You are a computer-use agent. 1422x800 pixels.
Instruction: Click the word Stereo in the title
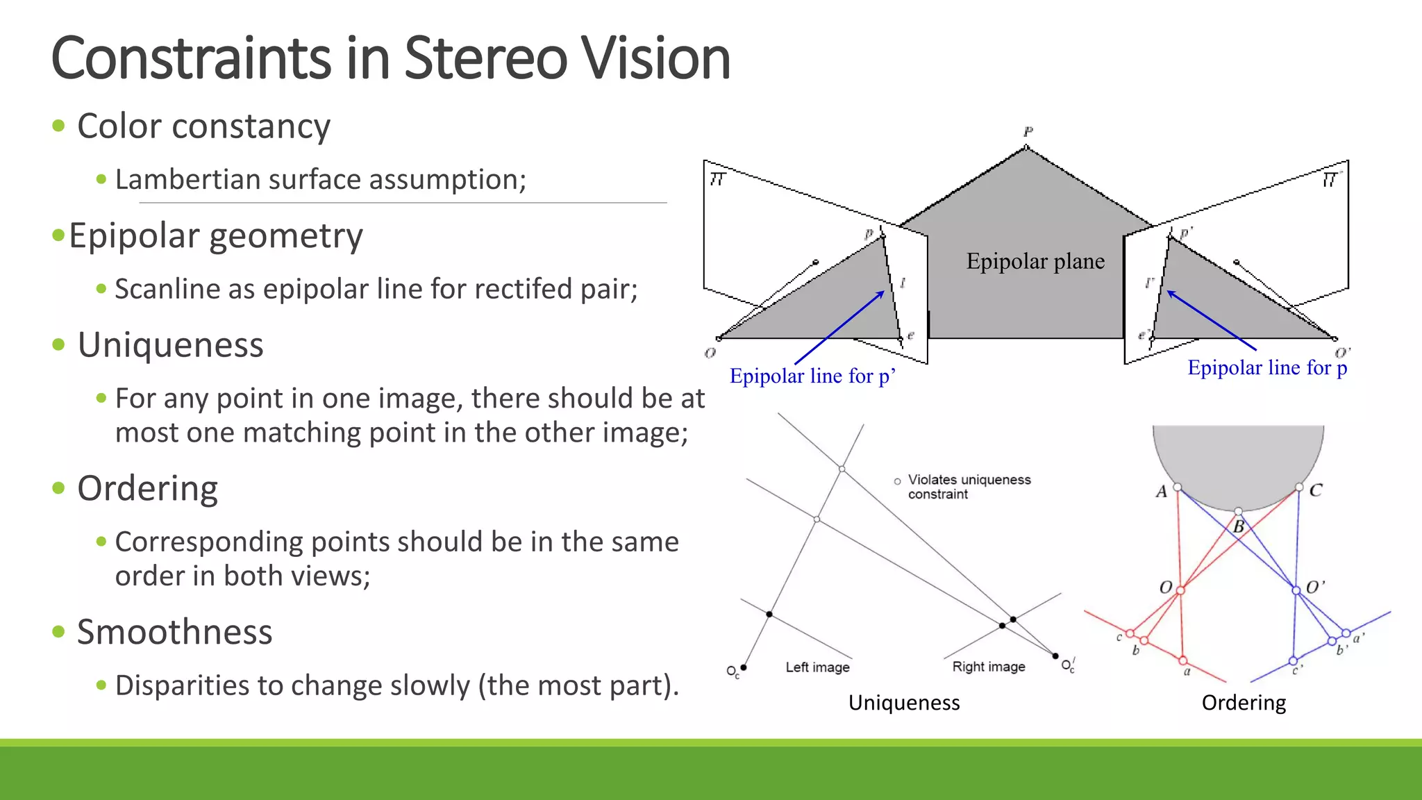click(485, 58)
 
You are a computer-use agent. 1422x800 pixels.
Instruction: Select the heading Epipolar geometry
click(215, 236)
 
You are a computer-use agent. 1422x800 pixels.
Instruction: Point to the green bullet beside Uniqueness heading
click(59, 345)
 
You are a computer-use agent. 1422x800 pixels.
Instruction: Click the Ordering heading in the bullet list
click(147, 488)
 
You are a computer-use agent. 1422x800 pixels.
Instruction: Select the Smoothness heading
click(174, 632)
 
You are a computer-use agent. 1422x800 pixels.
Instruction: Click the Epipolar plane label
click(1035, 262)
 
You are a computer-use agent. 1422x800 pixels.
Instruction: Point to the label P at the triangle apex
click(1028, 131)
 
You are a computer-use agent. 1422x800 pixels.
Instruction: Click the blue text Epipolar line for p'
click(812, 376)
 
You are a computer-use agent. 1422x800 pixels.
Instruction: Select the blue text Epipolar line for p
click(1267, 367)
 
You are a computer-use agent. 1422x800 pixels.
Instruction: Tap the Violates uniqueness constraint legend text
click(969, 487)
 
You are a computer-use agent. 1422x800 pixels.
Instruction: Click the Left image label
click(817, 667)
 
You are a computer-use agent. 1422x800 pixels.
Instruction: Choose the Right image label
click(988, 667)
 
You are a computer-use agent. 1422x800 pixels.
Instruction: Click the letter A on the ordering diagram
click(1162, 492)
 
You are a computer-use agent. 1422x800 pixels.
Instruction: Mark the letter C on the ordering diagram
click(1316, 490)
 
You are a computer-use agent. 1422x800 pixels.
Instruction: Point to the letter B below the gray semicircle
click(1239, 527)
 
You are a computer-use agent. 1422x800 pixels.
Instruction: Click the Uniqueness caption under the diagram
click(903, 703)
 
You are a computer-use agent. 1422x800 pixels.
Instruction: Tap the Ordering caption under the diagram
click(1244, 703)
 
